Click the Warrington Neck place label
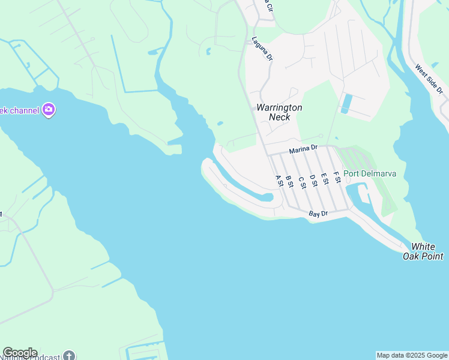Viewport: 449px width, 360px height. (279, 112)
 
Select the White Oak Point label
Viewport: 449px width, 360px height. (427, 251)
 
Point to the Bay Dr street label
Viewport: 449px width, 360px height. (318, 214)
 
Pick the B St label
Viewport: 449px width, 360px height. (289, 181)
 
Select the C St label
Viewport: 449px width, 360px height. (301, 181)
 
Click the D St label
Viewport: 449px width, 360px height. (313, 181)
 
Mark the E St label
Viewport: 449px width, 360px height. (325, 179)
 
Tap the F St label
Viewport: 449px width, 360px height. (337, 178)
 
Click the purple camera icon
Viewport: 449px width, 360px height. (49, 110)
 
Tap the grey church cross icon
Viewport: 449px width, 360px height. (69, 355)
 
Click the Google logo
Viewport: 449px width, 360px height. (20, 353)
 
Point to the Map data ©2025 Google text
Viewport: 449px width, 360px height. (412, 355)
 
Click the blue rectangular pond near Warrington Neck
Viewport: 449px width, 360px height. (347, 103)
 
